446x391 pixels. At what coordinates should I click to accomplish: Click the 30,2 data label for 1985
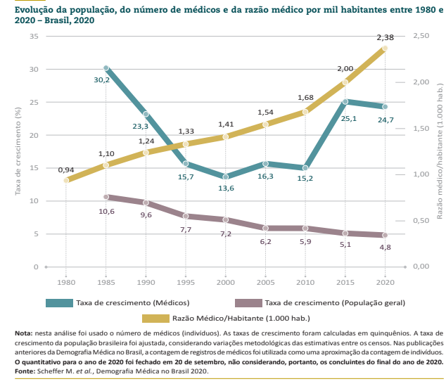(x=102, y=80)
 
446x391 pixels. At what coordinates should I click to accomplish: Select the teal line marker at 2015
(x=345, y=101)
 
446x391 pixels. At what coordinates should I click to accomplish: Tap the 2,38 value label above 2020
(x=385, y=37)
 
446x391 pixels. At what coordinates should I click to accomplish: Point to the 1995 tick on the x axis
(x=186, y=281)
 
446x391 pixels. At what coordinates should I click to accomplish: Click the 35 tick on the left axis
(x=34, y=36)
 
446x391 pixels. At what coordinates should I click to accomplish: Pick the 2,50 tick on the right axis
(x=421, y=36)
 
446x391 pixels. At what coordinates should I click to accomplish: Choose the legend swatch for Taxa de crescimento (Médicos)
(x=59, y=303)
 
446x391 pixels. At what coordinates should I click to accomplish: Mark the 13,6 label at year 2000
(x=225, y=188)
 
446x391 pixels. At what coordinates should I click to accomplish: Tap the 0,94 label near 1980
(x=66, y=169)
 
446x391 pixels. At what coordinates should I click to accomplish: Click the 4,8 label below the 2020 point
(x=386, y=248)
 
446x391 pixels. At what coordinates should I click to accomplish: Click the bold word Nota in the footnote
(x=23, y=333)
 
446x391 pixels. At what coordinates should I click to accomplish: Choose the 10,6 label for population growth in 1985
(x=106, y=211)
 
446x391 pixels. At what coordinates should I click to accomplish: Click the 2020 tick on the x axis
(x=386, y=281)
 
